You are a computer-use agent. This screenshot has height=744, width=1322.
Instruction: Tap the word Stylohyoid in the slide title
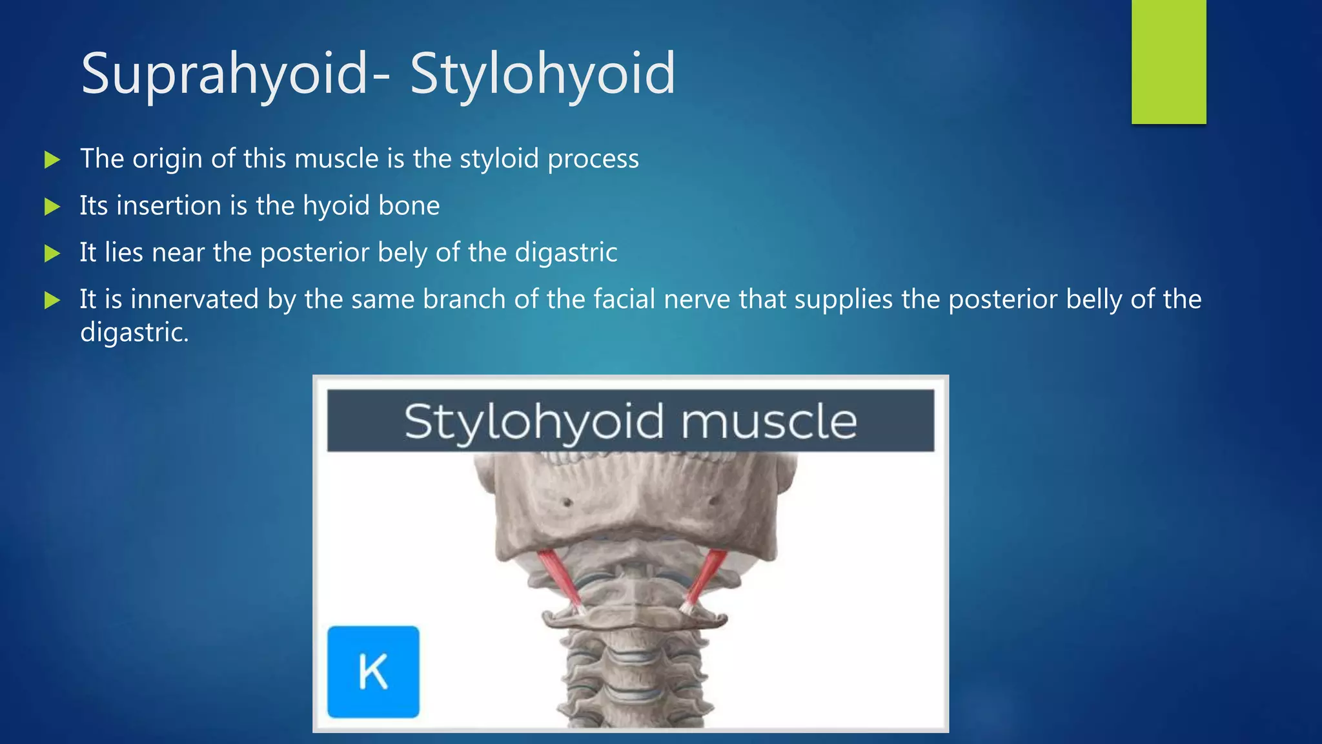[542, 74]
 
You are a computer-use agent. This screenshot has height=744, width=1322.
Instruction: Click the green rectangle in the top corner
[1168, 61]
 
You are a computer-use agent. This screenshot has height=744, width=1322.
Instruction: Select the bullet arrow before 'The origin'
[52, 160]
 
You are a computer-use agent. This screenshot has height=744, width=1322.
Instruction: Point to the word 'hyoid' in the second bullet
[336, 206]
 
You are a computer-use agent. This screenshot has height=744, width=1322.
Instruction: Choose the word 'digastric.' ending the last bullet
[134, 333]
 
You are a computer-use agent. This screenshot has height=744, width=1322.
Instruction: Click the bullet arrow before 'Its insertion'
[52, 207]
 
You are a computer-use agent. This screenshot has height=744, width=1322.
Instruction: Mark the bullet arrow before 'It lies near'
[52, 253]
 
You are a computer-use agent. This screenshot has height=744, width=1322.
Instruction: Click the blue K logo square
[373, 672]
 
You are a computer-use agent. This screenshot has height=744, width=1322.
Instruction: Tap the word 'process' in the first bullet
[593, 160]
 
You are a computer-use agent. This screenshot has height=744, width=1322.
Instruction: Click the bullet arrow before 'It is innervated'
[52, 300]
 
